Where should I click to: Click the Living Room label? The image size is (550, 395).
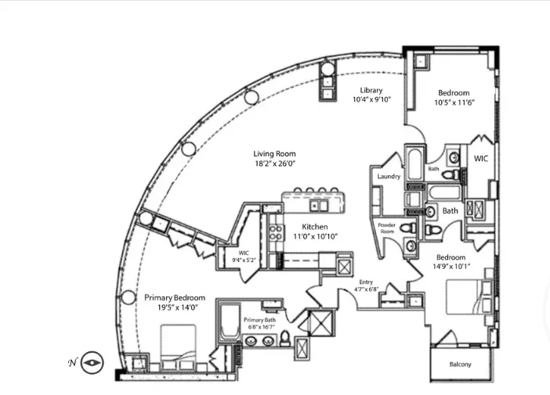click(274, 154)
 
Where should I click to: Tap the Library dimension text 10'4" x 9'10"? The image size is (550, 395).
click(371, 100)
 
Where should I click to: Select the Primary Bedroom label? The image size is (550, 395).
click(175, 297)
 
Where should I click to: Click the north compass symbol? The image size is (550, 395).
click(92, 361)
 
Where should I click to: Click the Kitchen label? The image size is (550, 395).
click(310, 227)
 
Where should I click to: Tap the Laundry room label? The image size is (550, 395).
click(389, 177)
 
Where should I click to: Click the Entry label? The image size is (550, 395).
click(367, 282)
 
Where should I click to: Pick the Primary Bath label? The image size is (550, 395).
click(259, 320)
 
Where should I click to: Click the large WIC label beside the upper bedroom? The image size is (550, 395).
click(480, 157)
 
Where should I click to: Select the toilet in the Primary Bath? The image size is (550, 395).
click(286, 339)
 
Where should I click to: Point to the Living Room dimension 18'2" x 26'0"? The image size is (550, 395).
click(274, 165)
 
